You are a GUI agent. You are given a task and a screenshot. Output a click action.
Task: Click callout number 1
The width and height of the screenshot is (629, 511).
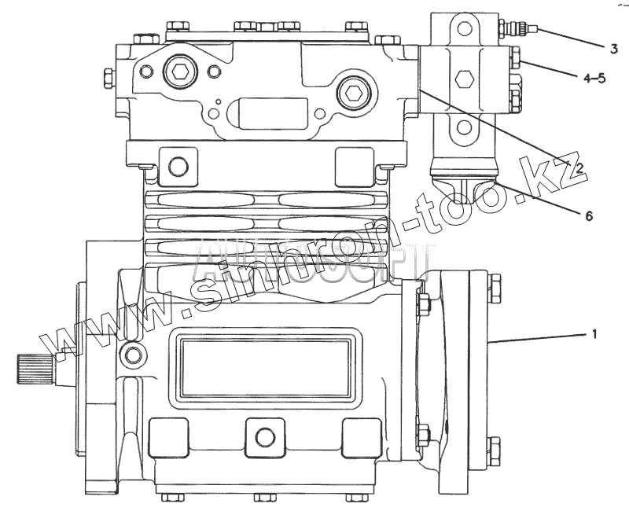tap(595, 334)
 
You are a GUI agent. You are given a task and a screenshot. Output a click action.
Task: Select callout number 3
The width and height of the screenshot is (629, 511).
tap(613, 48)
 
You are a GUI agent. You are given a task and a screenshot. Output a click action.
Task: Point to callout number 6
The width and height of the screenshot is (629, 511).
tap(589, 215)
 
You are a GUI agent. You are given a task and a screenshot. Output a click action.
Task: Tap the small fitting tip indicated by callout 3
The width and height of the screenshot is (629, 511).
tap(532, 29)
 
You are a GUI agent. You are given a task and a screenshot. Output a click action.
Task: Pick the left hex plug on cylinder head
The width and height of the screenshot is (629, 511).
tap(180, 73)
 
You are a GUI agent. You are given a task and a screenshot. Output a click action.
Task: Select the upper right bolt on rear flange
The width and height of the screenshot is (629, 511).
tap(497, 286)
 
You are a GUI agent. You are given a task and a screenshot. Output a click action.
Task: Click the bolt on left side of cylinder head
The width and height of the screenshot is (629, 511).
tap(109, 78)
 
